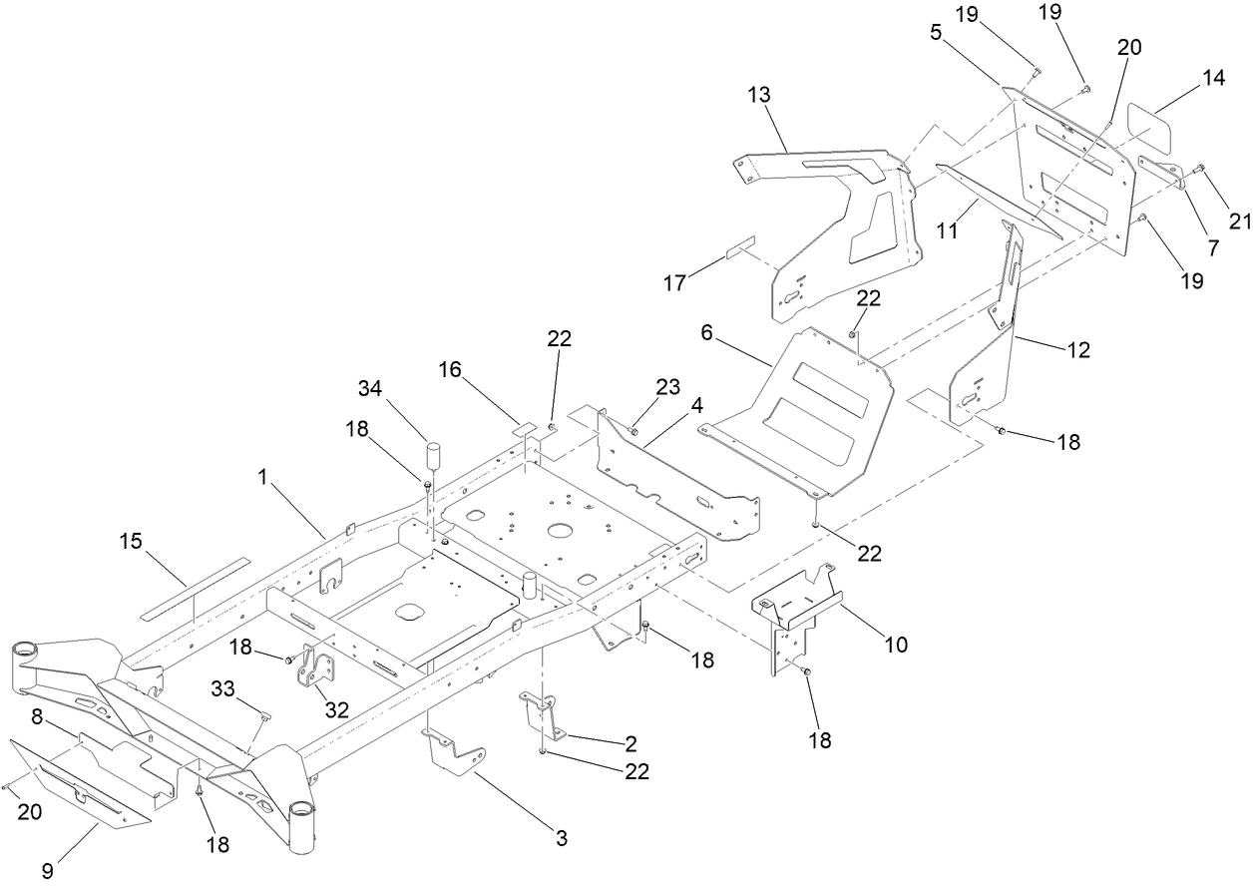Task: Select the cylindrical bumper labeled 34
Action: click(x=435, y=457)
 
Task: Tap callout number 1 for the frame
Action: click(x=263, y=478)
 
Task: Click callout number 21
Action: click(x=1239, y=222)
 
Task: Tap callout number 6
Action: click(x=706, y=332)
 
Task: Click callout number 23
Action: click(x=667, y=386)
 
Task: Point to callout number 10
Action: click(x=896, y=645)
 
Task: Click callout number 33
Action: click(x=222, y=687)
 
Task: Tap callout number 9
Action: click(x=48, y=871)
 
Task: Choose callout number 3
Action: click(x=562, y=839)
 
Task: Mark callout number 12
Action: click(x=1077, y=350)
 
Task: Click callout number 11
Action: click(x=947, y=229)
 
